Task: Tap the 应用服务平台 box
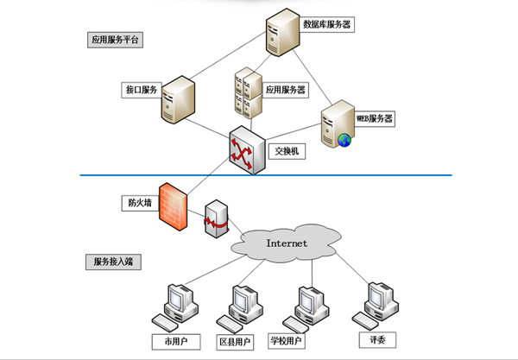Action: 115,40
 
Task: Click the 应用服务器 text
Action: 286,89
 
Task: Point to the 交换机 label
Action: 286,151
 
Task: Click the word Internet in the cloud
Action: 287,243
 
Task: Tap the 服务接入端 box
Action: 113,260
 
